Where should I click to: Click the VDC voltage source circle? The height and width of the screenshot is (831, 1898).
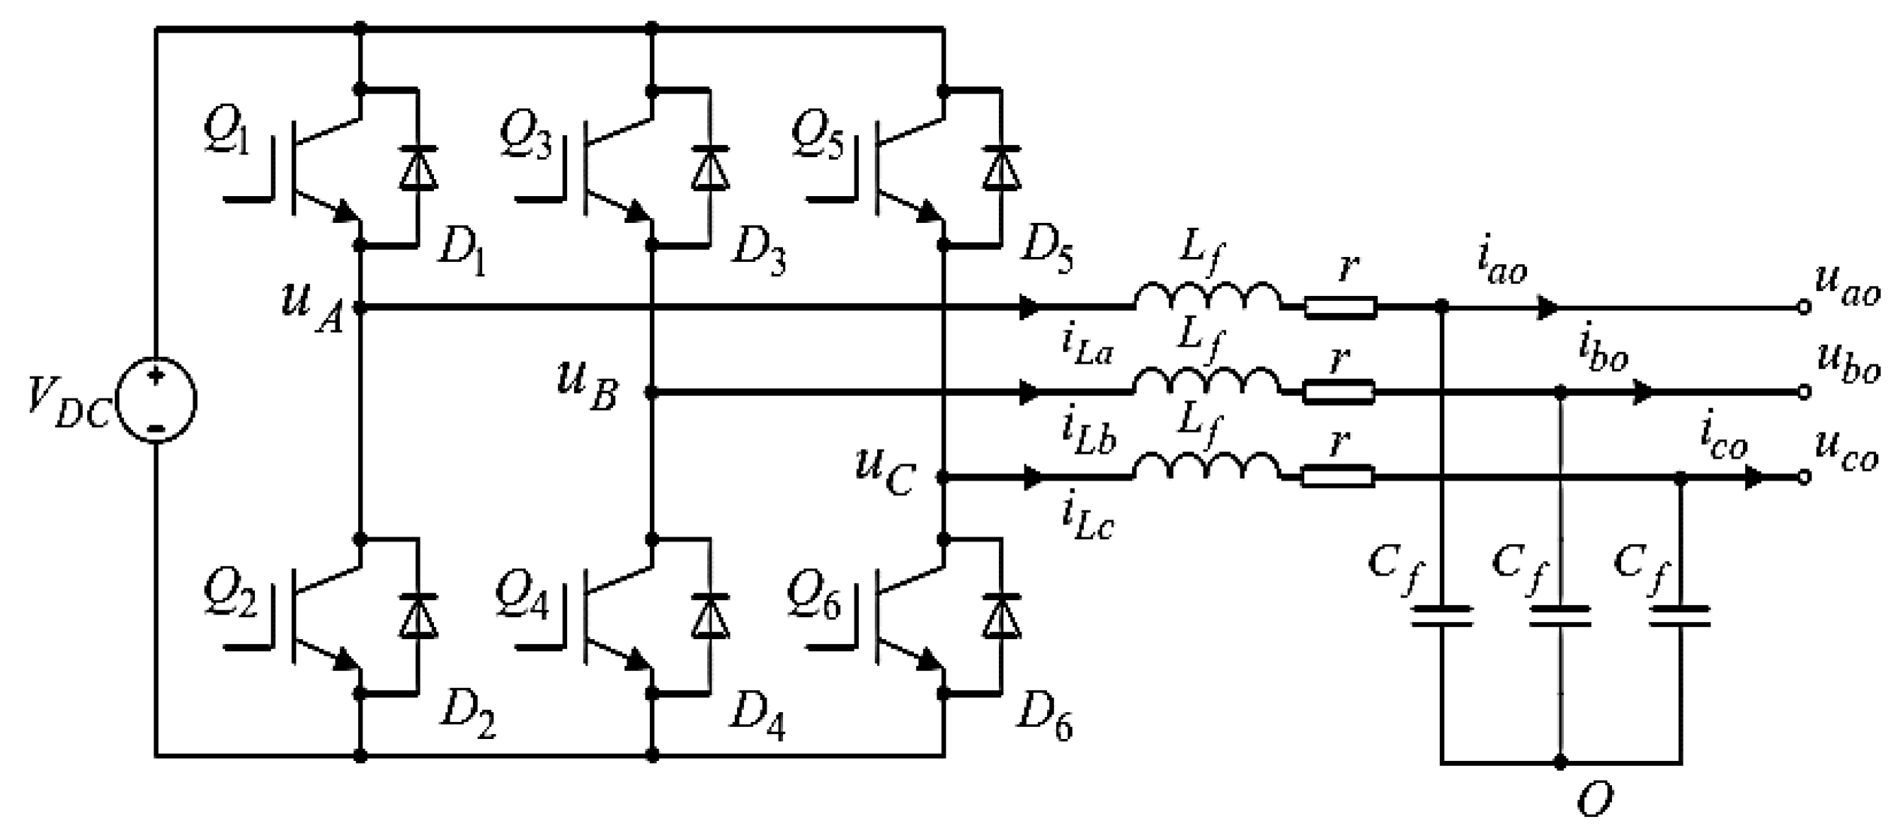157,400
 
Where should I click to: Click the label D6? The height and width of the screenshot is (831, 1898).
1044,718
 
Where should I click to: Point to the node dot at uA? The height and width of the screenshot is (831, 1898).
360,307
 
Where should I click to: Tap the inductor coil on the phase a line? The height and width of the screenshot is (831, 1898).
1207,297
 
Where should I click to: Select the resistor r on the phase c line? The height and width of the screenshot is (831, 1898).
1337,477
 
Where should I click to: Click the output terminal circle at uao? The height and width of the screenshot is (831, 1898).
1804,307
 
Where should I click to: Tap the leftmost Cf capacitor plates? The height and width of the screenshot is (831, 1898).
1442,616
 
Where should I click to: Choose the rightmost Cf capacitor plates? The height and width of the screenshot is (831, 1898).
1680,616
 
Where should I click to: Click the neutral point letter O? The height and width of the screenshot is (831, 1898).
1594,799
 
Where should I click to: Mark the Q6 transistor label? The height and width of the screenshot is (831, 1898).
813,597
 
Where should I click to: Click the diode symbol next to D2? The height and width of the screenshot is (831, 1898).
418,616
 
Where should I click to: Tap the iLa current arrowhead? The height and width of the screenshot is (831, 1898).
1030,307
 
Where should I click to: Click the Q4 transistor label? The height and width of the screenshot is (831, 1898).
522,597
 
